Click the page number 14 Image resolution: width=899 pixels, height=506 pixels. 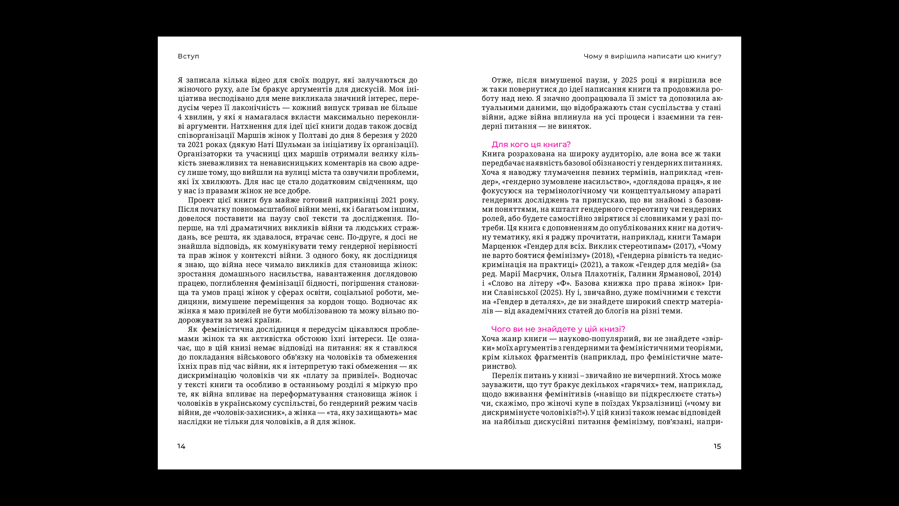[181, 446]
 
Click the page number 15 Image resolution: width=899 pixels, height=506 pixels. [717, 446]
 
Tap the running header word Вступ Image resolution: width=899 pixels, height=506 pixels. [188, 56]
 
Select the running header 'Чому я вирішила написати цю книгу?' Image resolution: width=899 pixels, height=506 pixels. [652, 56]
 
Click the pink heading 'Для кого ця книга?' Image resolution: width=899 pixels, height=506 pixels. [531, 145]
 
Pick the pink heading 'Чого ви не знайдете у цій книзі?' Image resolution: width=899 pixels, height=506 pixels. [558, 329]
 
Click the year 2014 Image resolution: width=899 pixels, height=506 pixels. [712, 274]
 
